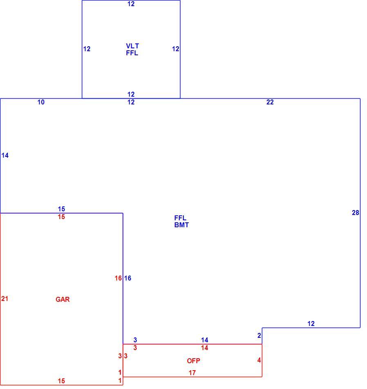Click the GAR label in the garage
click(63, 299)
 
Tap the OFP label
click(193, 360)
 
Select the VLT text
click(132, 46)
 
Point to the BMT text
click(182, 225)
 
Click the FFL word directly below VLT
click(132, 53)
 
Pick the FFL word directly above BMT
click(180, 218)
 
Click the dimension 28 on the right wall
click(356, 213)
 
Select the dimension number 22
click(270, 102)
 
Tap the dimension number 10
click(41, 102)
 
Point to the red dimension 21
click(5, 299)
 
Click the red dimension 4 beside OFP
click(259, 360)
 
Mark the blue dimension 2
click(259, 335)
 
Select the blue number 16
click(128, 278)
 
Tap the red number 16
click(118, 278)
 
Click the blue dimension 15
click(61, 209)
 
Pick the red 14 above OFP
click(205, 348)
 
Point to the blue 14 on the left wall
click(5, 155)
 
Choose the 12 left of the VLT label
click(87, 49)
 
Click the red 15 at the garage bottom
click(61, 381)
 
